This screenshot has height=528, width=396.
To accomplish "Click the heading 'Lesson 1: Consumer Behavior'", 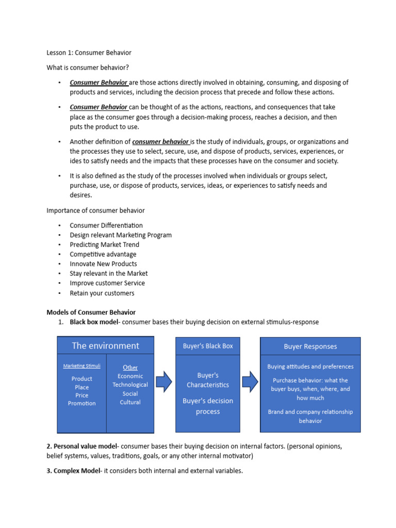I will point(89,53).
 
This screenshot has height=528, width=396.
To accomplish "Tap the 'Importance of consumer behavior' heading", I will point(95,210).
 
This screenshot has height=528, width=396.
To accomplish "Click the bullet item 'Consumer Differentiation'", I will point(106,225).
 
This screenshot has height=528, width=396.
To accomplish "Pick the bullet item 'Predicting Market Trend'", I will point(104,244).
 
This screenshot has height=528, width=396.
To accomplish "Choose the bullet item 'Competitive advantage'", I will point(103,254).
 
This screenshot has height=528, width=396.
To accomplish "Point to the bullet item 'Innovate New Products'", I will point(103,263).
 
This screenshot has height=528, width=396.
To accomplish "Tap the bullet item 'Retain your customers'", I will point(102,293).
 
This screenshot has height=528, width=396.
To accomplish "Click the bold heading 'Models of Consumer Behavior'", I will point(91,312).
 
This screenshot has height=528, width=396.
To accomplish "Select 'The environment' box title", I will point(105,345).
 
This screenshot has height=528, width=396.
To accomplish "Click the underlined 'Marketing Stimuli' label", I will point(82,366).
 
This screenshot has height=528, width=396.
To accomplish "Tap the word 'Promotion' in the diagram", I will point(82,403).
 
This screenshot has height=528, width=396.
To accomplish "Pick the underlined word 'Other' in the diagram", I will point(130,367).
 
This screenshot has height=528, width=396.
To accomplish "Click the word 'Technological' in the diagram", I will point(130,385).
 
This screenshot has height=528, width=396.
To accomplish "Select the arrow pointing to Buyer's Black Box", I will point(164,382).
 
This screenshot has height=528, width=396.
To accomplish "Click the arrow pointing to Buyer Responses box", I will point(250,382).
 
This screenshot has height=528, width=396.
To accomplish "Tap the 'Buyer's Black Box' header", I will point(208,346).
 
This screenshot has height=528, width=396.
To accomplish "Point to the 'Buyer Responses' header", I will point(310,346).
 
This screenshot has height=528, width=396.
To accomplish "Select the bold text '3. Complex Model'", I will point(73,471).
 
